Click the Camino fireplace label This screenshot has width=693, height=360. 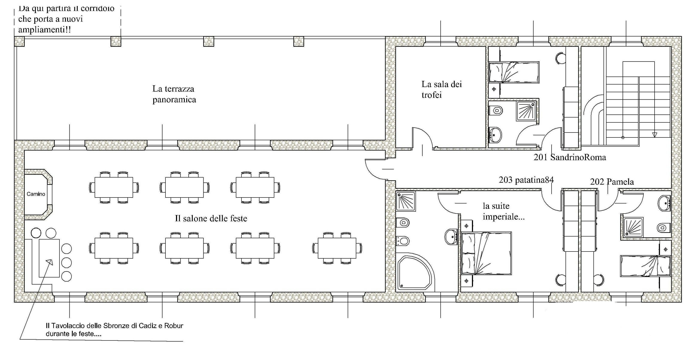(36, 194)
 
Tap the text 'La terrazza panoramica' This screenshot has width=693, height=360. (174, 94)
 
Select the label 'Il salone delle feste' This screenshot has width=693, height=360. (211, 218)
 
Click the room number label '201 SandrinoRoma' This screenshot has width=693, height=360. (570, 157)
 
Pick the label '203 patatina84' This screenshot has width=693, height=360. (526, 180)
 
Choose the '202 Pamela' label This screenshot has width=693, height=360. (612, 182)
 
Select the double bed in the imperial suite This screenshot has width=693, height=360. (486, 253)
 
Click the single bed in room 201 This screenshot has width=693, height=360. (514, 72)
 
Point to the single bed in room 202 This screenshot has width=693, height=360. (645, 266)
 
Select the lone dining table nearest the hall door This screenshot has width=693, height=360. (337, 248)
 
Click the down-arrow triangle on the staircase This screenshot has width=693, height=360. (655, 135)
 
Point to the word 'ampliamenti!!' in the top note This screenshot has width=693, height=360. (45, 29)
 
